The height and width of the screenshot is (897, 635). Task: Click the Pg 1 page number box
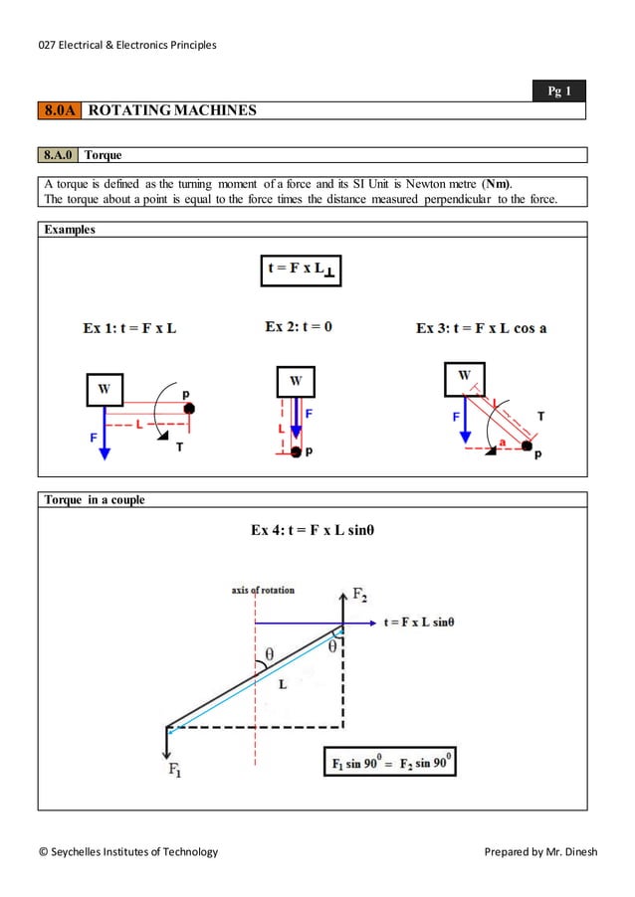[560, 91]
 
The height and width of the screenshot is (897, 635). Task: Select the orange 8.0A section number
[60, 110]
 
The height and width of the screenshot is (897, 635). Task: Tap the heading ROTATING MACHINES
[172, 110]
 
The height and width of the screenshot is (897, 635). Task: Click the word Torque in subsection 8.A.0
[103, 155]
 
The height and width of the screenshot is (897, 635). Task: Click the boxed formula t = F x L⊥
[300, 269]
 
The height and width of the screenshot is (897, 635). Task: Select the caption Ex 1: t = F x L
[129, 328]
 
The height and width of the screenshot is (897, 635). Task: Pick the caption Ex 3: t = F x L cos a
[481, 328]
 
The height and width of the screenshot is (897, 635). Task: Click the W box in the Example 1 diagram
[105, 390]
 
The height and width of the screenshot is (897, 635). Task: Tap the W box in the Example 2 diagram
[296, 381]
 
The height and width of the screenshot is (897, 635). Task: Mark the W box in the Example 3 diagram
[464, 376]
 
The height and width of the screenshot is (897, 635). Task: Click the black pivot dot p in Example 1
[189, 409]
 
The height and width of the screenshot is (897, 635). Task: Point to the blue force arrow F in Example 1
[105, 438]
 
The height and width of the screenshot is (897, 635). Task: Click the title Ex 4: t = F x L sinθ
[313, 530]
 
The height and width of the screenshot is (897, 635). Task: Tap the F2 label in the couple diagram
[359, 595]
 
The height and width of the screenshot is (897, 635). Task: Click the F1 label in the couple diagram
[174, 770]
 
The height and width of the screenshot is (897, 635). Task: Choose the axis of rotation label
[263, 590]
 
